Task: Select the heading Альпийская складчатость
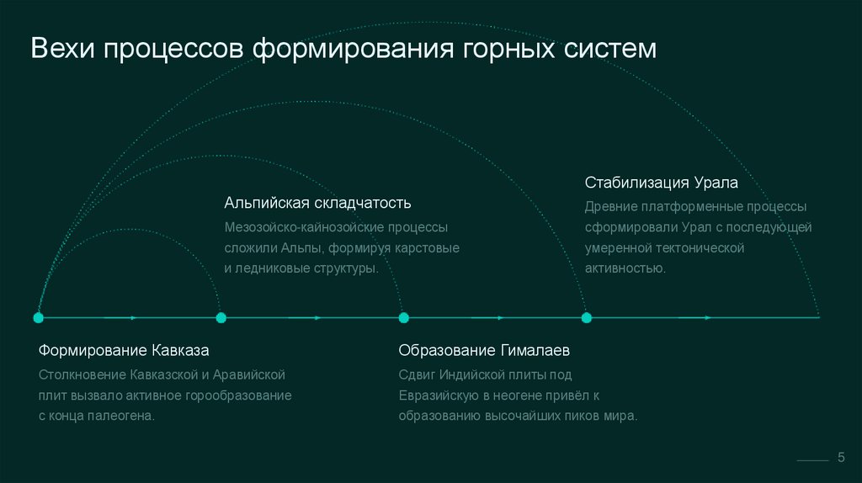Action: [x=317, y=203]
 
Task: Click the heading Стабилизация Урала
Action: [x=662, y=183]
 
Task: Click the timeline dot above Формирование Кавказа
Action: [x=38, y=318]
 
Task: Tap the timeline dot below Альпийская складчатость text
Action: [x=221, y=318]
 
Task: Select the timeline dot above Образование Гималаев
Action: [x=403, y=318]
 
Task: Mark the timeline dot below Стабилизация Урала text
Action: [x=587, y=318]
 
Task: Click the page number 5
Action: [x=840, y=456]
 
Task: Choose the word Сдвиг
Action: [x=418, y=374]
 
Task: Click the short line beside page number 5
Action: [x=813, y=461]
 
